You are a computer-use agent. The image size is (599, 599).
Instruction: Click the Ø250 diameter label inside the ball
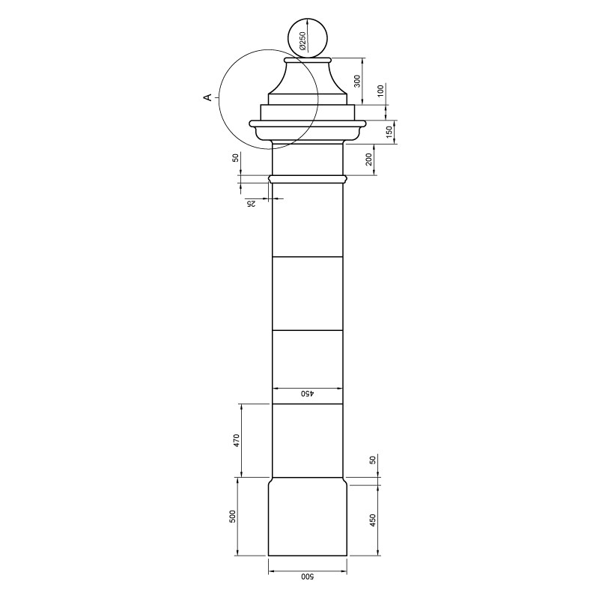(302, 41)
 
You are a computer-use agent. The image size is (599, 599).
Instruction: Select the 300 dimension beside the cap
(357, 81)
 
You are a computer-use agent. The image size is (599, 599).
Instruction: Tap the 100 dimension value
(380, 90)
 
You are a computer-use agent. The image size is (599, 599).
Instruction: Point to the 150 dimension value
(389, 133)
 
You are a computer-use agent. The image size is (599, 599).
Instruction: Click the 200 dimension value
(368, 159)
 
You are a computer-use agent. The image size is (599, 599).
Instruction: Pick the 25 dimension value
(251, 204)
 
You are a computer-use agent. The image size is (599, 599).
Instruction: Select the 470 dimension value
(237, 440)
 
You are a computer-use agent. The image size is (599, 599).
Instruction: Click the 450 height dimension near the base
(373, 520)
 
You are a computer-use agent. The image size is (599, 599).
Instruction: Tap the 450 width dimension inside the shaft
(308, 394)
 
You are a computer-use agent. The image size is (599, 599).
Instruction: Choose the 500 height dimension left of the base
(233, 517)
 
